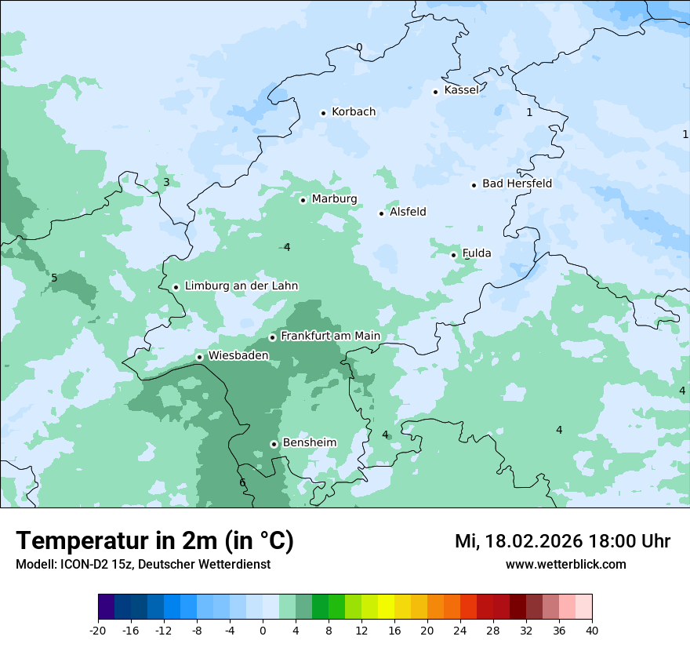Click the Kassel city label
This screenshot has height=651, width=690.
click(461, 90)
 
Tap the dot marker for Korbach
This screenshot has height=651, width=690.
click(323, 113)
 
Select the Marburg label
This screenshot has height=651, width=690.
click(334, 199)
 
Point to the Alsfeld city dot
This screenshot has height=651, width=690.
click(382, 213)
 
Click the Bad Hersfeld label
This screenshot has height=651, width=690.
click(517, 184)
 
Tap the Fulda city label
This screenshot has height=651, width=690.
click(477, 253)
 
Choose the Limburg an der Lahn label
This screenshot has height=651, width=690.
click(241, 286)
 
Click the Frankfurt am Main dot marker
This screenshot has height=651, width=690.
click(272, 337)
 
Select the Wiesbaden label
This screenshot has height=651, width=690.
click(238, 355)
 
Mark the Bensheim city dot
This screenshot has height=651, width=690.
click(274, 444)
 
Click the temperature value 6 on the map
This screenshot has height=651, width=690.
click(242, 482)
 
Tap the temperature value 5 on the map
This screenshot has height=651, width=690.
click(54, 278)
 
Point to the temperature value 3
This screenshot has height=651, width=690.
click(166, 183)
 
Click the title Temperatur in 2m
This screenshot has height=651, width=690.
click(154, 540)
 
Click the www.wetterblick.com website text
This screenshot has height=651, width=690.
click(565, 564)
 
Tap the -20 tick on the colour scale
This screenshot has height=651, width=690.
click(98, 630)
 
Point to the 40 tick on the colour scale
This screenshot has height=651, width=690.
click(592, 630)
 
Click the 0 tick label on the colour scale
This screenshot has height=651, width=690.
click(263, 630)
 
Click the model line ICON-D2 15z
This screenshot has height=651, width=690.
click(143, 564)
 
